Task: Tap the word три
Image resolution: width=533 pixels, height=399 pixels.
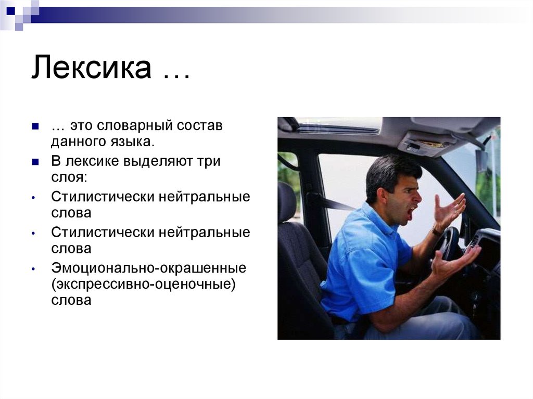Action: (x=208, y=161)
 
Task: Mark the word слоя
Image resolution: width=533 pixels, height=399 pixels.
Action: (x=69, y=177)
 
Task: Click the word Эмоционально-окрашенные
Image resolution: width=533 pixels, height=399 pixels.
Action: (x=148, y=268)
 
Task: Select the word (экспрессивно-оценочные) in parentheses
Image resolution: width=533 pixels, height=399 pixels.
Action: (x=144, y=284)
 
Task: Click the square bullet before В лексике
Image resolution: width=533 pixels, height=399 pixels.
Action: (x=35, y=162)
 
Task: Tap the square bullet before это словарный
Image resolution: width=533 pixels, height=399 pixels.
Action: (x=35, y=126)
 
